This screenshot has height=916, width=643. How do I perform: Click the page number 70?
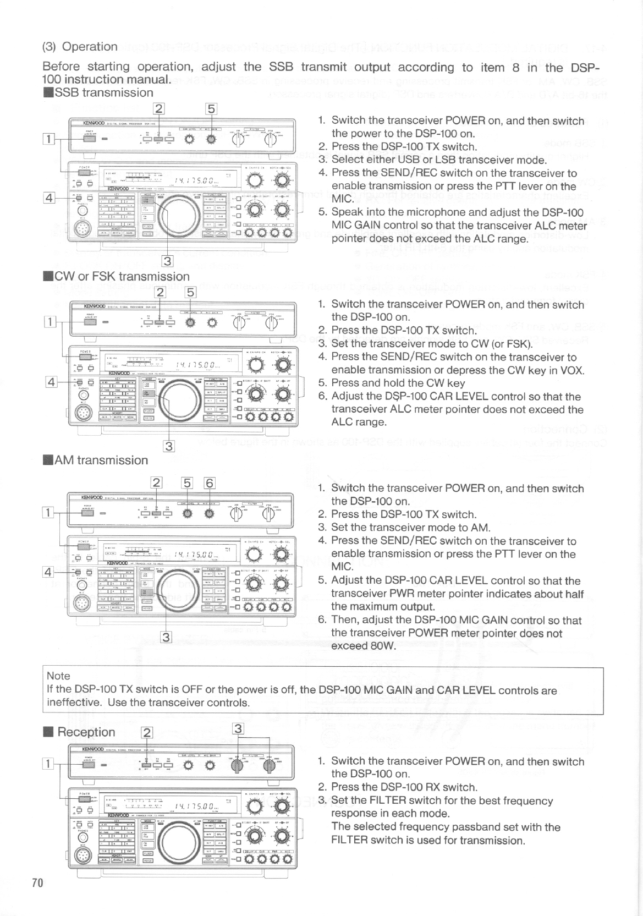(37, 883)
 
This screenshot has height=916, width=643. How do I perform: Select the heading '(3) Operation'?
(80, 47)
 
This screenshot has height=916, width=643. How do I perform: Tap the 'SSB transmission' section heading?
(99, 92)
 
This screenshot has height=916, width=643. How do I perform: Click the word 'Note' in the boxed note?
(59, 676)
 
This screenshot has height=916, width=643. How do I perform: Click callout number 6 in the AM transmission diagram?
(209, 484)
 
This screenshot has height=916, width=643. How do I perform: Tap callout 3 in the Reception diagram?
(238, 729)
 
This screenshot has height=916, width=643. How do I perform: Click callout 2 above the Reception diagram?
(146, 732)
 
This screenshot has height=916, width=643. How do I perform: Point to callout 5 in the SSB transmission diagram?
(212, 109)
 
